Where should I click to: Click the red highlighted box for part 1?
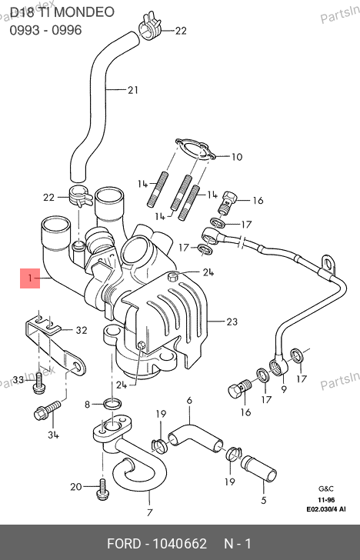coord(30,278)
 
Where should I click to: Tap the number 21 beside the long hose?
coord(133,90)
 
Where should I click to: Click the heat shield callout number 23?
coord(232,322)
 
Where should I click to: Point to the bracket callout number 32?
coord(82,330)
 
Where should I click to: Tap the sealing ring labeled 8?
coord(112,405)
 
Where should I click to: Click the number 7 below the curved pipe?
coord(150,512)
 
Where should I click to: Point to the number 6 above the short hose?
coord(189,400)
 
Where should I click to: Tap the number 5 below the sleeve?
coord(264,500)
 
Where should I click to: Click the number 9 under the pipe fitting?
coord(284,388)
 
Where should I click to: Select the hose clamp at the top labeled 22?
coord(150,25)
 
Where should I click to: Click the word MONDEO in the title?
coord(85,12)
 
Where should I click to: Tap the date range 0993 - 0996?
coord(45,30)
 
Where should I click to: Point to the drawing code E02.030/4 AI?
coord(326,509)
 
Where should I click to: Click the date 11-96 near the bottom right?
coord(326,500)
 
